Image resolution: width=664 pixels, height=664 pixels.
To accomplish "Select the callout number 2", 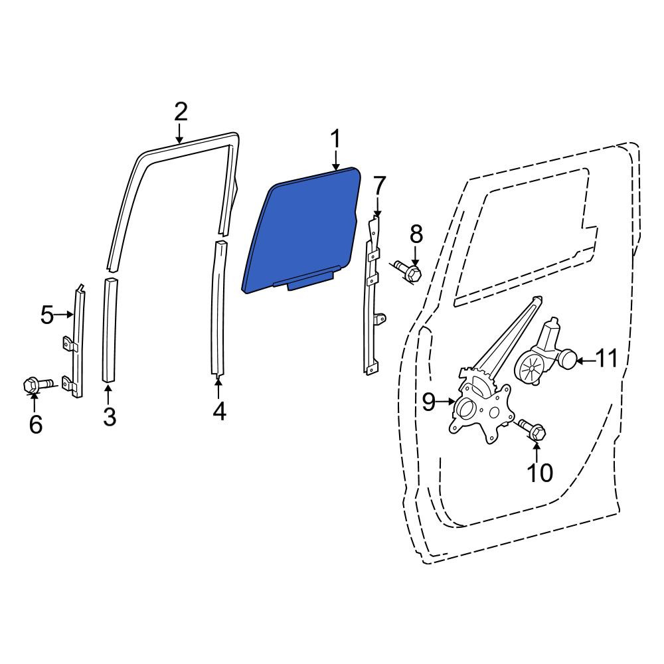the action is pos(181,112).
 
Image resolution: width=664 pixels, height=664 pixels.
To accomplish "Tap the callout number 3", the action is pos(110,416).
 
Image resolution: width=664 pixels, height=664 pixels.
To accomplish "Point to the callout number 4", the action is pos(219,411).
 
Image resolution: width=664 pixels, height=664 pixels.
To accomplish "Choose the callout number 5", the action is pos(47,315).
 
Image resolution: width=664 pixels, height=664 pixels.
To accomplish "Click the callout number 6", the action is pos(36,424).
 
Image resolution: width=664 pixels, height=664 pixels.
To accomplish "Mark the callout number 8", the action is pos(416,234).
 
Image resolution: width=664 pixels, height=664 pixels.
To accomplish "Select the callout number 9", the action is pos(428,402).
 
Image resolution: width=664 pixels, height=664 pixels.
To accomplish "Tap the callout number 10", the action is pos(540,473).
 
